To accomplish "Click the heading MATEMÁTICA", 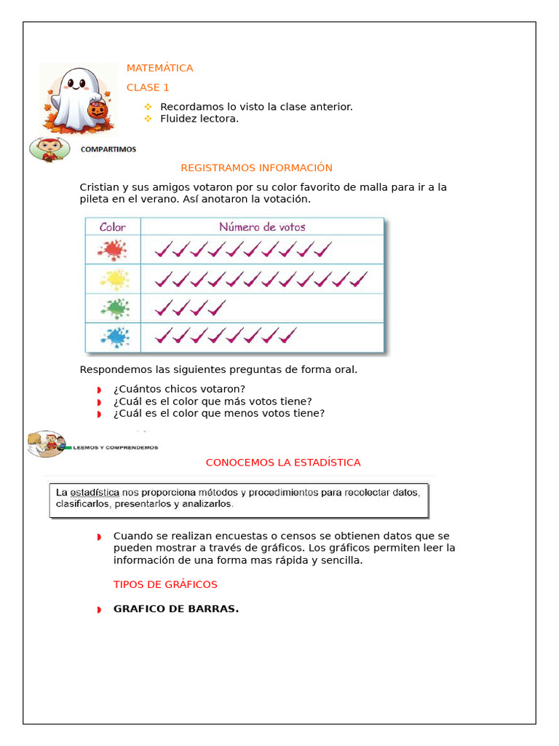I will click(x=159, y=68).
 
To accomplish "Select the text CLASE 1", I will click(x=148, y=87).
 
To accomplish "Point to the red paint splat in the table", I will click(x=112, y=250).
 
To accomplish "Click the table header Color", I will click(x=112, y=227).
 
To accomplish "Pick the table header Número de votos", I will click(x=262, y=227).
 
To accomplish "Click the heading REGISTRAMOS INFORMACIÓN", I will click(x=256, y=168).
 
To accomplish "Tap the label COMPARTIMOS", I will click(x=108, y=149).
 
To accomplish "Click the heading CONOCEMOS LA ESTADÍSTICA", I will click(x=283, y=463).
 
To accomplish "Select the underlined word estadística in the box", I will click(x=95, y=492).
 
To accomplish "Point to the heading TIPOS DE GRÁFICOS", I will click(x=165, y=584).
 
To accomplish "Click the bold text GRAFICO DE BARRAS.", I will click(x=175, y=609).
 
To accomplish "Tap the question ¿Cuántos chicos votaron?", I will click(x=179, y=388).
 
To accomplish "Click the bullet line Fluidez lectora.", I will click(x=199, y=119).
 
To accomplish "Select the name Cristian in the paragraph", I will click(x=99, y=187).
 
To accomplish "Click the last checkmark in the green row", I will click(x=217, y=307).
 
